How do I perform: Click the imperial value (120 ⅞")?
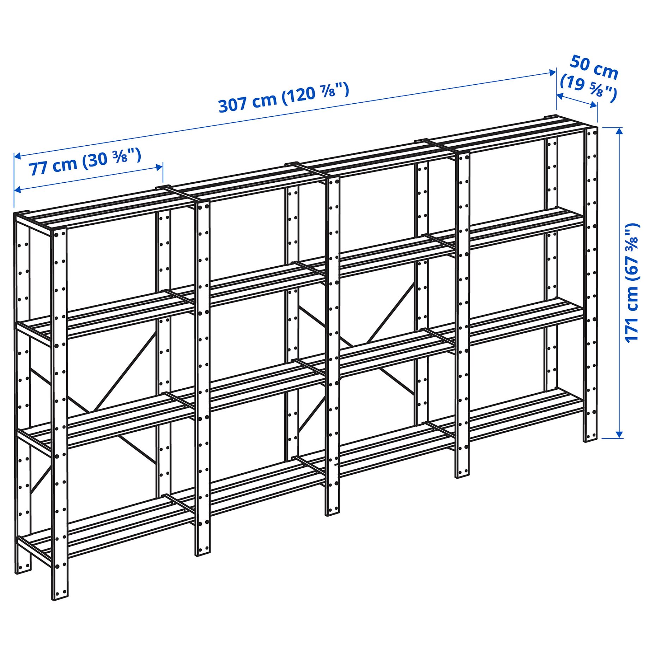tap(316, 92)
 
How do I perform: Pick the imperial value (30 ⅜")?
tap(111, 157)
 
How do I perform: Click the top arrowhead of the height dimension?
tap(620, 130)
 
